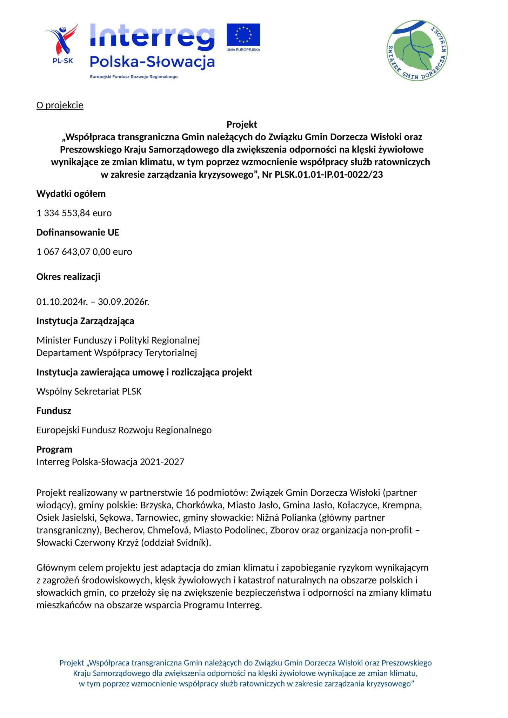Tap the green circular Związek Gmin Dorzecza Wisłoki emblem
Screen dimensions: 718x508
pyautogui.click(x=417, y=50)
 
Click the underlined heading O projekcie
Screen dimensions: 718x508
pyautogui.click(x=60, y=105)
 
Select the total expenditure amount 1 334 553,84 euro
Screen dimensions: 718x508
pyautogui.click(x=74, y=213)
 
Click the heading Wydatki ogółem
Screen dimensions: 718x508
pyautogui.click(x=71, y=194)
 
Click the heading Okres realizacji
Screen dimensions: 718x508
pyautogui.click(x=68, y=277)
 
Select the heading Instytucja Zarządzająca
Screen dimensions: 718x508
pyautogui.click(x=85, y=321)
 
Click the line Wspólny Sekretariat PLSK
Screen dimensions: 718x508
pyautogui.click(x=89, y=391)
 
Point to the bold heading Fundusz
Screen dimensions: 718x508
pyautogui.click(x=54, y=411)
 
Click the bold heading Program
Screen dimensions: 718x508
pyautogui.click(x=54, y=449)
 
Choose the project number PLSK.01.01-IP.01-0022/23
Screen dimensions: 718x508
pyautogui.click(x=329, y=175)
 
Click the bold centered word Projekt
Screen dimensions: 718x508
pyautogui.click(x=242, y=124)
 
